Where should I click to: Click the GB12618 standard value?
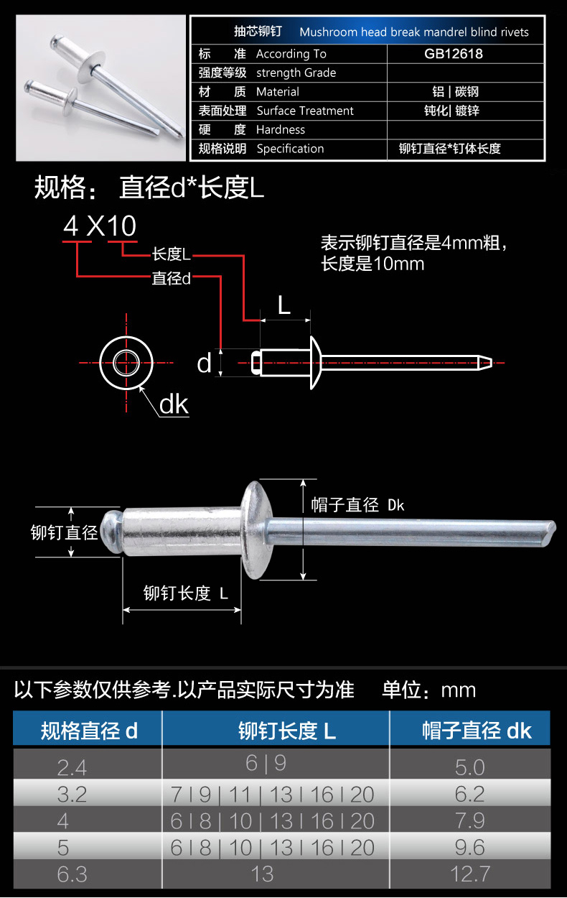pos(454,54)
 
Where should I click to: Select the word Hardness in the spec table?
pos(281,129)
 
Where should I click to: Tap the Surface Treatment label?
pos(305,111)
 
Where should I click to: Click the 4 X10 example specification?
pos(100,226)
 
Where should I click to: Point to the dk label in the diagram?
pos(174,404)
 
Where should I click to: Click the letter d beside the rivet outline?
pos(204,364)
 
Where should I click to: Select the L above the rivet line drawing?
pos(284,306)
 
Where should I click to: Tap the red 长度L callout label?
pos(171,254)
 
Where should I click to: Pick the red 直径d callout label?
pos(171,279)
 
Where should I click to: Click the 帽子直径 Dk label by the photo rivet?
pos(357,505)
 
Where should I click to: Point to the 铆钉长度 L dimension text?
pos(186,593)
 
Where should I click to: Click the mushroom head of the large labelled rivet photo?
pos(256,530)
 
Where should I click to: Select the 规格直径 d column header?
pos(89,731)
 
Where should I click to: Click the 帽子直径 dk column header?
pos(477,731)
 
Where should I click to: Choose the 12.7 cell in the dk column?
pos(470,874)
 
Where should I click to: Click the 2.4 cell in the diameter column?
pos(72,768)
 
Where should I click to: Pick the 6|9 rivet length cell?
pos(266,763)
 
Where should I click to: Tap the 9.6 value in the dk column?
pos(469,848)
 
